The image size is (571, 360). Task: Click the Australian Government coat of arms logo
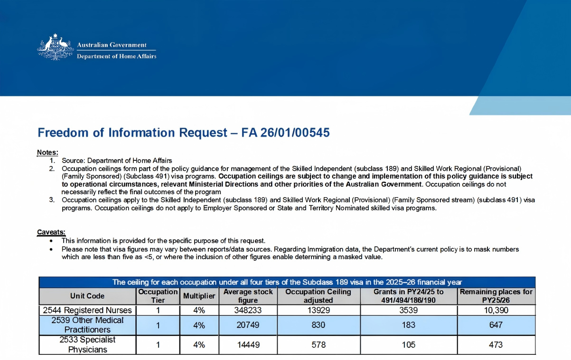56,47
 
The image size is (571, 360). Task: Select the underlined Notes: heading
47,152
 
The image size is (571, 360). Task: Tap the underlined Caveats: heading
51,232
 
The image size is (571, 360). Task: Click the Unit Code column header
87,296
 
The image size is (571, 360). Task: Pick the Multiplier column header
199,296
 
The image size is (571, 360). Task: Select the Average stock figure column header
248,296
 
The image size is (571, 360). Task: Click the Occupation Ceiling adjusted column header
318,296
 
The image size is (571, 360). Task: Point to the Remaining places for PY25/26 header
496,296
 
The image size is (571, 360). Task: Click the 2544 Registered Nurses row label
87,310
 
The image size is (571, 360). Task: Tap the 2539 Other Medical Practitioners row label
87,325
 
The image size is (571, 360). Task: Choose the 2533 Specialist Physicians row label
87,345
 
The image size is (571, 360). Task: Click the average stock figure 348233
248,310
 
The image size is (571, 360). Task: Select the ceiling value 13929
318,310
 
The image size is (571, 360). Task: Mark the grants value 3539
408,310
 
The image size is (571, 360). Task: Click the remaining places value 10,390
496,310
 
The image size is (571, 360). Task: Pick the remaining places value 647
496,325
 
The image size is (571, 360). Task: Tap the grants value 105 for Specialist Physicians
408,345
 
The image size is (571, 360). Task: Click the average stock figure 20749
248,325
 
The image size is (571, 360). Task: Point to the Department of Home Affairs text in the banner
117,56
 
